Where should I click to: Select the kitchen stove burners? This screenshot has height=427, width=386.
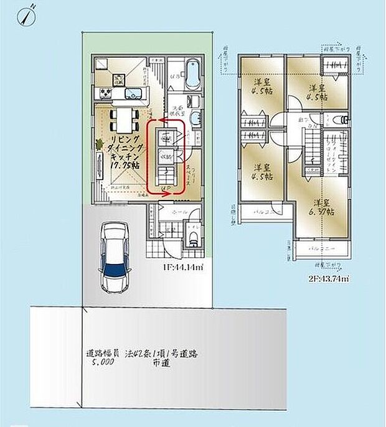(x=104, y=94)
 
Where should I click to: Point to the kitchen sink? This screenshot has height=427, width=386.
(x=134, y=94)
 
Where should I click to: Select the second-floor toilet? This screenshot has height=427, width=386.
(x=337, y=120)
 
